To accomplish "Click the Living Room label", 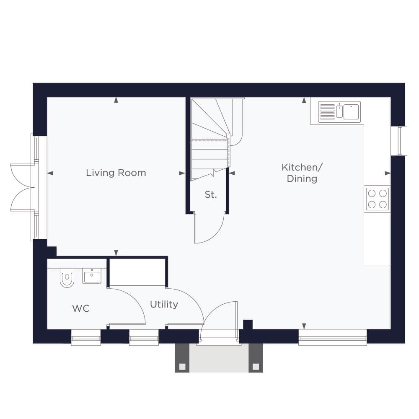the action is [x=116, y=173].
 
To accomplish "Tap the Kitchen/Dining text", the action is [x=302, y=173].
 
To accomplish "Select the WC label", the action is [x=81, y=308].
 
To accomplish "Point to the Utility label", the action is [x=164, y=304].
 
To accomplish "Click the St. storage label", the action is [x=211, y=194].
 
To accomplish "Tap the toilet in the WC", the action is [x=67, y=278].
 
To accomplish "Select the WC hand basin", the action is [x=92, y=276].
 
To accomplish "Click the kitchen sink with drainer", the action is [x=339, y=112].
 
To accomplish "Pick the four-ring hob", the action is [x=378, y=199].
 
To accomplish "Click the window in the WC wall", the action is [x=86, y=338].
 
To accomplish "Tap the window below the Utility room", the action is [x=144, y=338].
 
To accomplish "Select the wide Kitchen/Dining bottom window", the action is [x=332, y=338].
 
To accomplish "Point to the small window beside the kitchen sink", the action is [x=399, y=141].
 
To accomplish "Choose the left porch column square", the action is [x=182, y=367].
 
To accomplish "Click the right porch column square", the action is [x=256, y=367].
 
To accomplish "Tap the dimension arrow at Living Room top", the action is [x=116, y=100].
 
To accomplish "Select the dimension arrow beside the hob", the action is [x=388, y=173].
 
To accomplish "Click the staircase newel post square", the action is [x=229, y=136].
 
